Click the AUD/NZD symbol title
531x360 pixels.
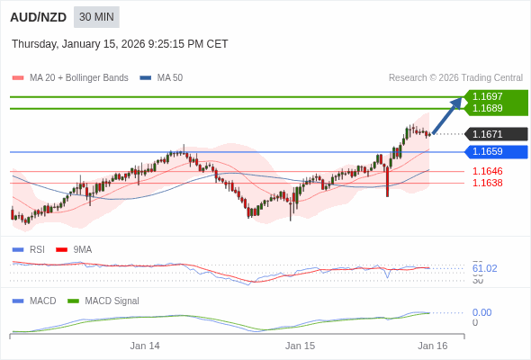38,17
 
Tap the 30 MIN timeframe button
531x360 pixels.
96,17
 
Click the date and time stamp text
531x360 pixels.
120,44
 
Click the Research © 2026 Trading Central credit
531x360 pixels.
455,78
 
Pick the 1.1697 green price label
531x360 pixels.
489,96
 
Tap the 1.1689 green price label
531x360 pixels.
489,108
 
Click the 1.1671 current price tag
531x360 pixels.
489,134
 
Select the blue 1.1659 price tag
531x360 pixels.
489,151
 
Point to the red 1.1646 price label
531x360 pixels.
487,171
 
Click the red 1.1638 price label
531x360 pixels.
487,183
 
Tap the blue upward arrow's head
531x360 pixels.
457,103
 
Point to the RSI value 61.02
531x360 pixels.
484,268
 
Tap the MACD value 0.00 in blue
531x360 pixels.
481,312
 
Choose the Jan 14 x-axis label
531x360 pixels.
145,346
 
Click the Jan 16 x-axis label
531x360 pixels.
432,346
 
